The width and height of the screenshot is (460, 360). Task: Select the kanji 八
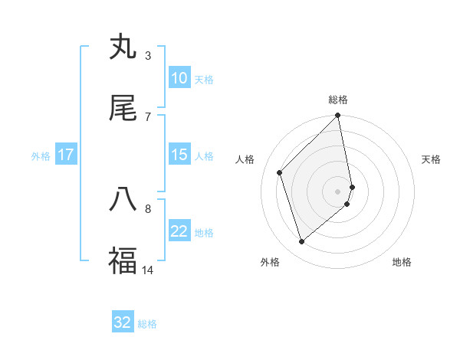(123, 199)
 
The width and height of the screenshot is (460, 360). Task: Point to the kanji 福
(123, 260)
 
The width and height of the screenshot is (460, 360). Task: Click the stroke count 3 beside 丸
(148, 55)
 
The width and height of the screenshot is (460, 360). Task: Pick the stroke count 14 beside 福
(148, 270)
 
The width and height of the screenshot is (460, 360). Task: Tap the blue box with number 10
(179, 78)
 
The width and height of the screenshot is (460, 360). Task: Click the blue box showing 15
(179, 155)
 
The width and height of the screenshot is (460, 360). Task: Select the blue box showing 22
(179, 232)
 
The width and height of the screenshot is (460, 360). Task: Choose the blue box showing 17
(66, 155)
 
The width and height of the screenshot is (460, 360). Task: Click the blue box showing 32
(123, 322)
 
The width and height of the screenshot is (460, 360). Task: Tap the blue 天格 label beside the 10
(204, 79)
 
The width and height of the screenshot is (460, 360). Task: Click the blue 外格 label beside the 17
(41, 156)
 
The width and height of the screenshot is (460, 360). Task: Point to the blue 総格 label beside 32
(147, 323)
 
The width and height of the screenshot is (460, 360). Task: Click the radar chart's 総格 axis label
(338, 100)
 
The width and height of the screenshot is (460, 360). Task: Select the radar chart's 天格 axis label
(431, 159)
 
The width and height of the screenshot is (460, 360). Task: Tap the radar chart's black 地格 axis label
(402, 262)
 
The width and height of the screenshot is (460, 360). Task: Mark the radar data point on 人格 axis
(280, 172)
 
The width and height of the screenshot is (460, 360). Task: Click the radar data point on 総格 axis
(338, 116)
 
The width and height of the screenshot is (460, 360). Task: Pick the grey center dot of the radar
(338, 190)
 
